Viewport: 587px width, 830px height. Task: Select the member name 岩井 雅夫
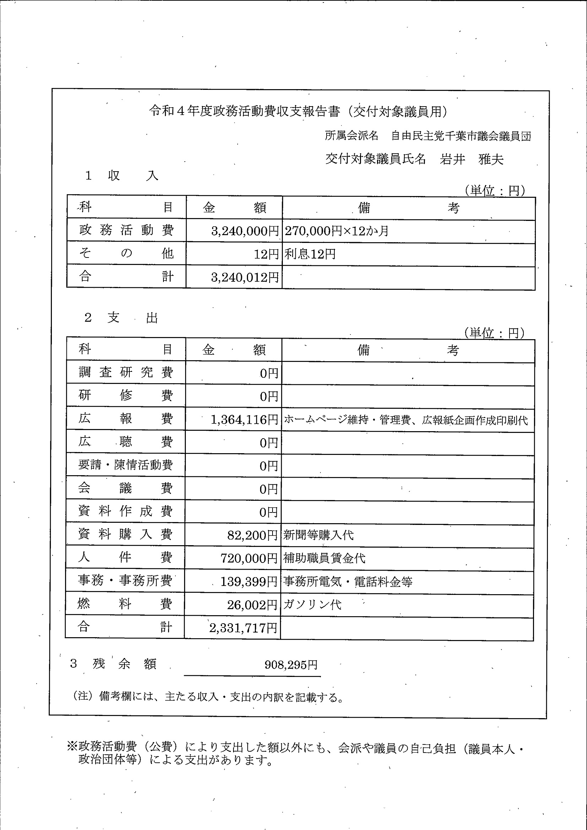[471, 159]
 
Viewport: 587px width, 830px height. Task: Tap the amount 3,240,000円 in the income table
[245, 231]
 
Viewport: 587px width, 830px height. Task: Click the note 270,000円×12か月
[336, 231]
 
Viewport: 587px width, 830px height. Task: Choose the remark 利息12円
[310, 254]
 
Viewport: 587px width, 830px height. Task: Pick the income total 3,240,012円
[245, 277]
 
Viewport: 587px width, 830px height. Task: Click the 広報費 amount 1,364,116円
[244, 420]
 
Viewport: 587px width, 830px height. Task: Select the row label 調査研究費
[125, 372]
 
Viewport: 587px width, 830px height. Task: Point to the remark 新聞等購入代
[318, 535]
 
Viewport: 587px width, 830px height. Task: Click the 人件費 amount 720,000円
[249, 559]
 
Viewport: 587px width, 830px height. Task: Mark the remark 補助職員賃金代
[324, 559]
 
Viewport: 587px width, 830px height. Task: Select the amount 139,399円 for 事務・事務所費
[248, 582]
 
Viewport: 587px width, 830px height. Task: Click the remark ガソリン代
[312, 605]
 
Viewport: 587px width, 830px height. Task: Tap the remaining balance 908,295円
[291, 664]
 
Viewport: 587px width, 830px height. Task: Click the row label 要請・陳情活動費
[125, 465]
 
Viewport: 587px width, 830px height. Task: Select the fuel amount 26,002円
[252, 605]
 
